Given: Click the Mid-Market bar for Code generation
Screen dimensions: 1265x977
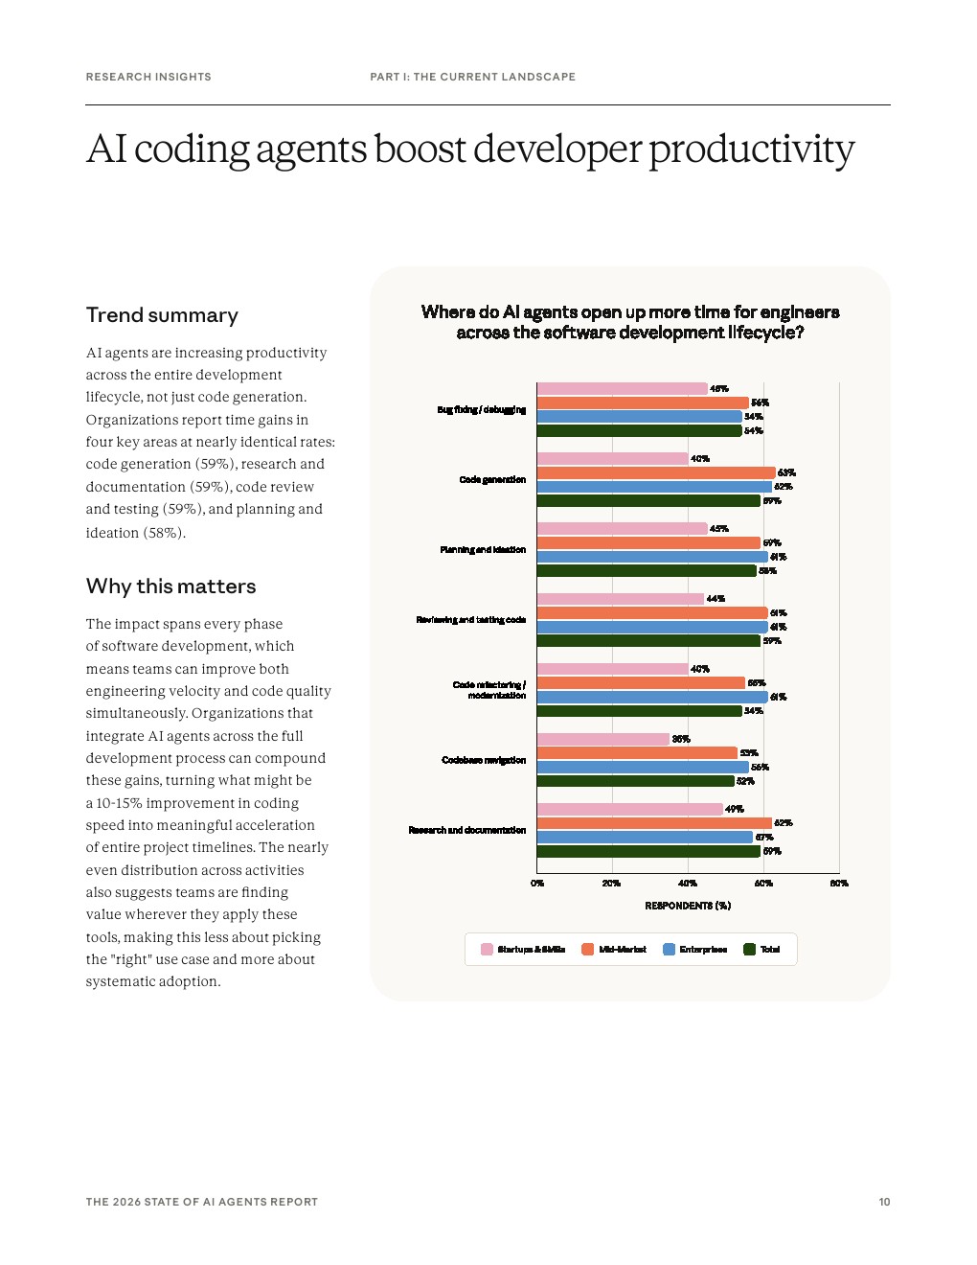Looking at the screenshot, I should (x=655, y=472).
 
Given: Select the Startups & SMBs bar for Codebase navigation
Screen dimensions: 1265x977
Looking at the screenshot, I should (x=602, y=739).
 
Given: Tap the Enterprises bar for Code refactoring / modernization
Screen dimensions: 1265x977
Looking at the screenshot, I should (x=651, y=697).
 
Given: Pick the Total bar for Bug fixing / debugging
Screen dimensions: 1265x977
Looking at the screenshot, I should (x=639, y=431).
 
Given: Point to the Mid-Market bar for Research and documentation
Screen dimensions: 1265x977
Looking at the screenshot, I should (x=653, y=823).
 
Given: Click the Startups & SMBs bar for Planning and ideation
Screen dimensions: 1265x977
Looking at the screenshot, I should (x=622, y=529).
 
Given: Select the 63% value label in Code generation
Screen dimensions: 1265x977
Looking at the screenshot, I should (x=786, y=472).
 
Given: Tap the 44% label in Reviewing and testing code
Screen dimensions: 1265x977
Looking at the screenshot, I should (x=716, y=599).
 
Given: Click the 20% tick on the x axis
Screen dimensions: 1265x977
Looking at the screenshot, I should (x=611, y=884).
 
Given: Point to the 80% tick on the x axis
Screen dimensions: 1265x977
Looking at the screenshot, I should (x=839, y=884).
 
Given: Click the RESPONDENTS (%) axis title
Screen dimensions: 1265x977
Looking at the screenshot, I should (x=688, y=906).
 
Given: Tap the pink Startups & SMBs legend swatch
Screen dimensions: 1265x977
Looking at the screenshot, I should (x=487, y=950).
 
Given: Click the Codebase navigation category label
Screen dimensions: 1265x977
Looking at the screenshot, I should (x=484, y=760).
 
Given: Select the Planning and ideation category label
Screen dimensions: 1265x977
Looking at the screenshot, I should (x=483, y=550).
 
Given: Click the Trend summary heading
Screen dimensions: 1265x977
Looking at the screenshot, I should (x=162, y=315).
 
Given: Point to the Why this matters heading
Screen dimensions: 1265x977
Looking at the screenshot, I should (x=170, y=586).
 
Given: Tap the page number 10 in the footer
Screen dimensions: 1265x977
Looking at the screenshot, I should (x=884, y=1202).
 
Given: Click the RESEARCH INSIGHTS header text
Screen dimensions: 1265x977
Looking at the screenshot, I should (x=148, y=77).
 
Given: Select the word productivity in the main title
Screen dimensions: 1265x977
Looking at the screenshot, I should (x=751, y=150).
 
